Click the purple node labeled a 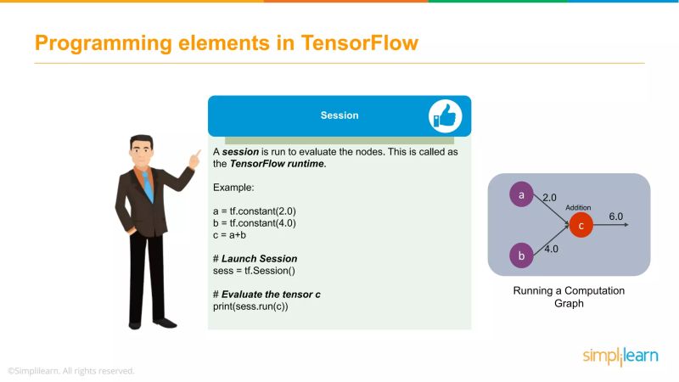pyautogui.click(x=521, y=195)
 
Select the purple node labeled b pyautogui.click(x=521, y=254)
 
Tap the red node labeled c pyautogui.click(x=581, y=225)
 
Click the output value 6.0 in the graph pyautogui.click(x=616, y=216)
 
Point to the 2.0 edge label pyautogui.click(x=549, y=196)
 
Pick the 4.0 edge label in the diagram pyautogui.click(x=551, y=250)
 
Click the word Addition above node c pyautogui.click(x=580, y=207)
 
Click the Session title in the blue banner pyautogui.click(x=339, y=115)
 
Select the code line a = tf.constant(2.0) pyautogui.click(x=254, y=211)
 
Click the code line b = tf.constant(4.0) pyautogui.click(x=254, y=222)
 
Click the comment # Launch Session pyautogui.click(x=255, y=258)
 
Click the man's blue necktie pyautogui.click(x=148, y=184)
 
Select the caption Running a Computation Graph pyautogui.click(x=569, y=296)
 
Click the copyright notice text pyautogui.click(x=71, y=371)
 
